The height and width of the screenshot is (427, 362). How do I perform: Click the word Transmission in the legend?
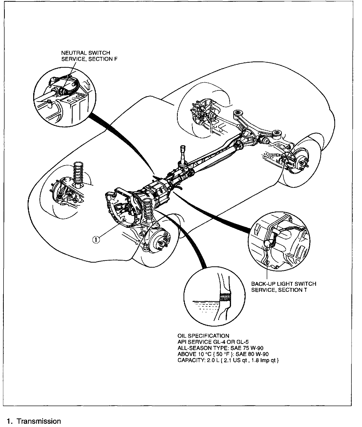pos(39,421)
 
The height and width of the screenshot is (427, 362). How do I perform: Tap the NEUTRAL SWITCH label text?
pos(86,53)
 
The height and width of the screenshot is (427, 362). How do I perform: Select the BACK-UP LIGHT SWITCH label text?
pos(284,284)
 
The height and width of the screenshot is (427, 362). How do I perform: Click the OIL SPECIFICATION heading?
pos(203,336)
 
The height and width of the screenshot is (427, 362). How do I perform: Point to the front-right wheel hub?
pos(161,243)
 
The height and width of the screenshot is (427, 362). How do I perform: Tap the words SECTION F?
pos(103,59)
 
